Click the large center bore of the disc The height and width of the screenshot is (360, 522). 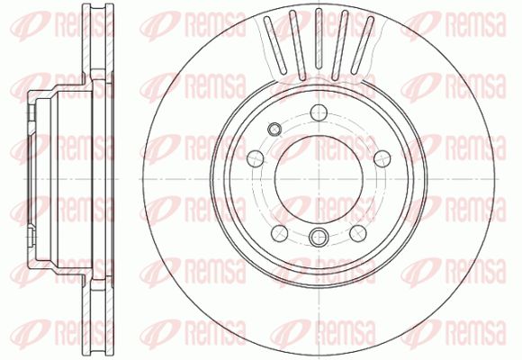(x=319, y=179)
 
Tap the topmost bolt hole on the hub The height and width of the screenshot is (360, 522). (x=319, y=112)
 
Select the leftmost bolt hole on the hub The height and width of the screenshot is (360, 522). (x=256, y=158)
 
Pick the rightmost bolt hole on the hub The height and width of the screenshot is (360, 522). (x=382, y=158)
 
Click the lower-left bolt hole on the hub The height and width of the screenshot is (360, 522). (x=279, y=233)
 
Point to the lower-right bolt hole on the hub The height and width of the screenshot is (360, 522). (x=358, y=233)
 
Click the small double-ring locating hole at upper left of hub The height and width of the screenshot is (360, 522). (x=274, y=130)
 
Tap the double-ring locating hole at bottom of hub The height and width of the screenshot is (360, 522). (x=319, y=237)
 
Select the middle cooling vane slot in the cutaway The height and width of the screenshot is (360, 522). (x=319, y=40)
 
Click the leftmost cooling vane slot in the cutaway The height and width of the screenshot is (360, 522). (x=275, y=45)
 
